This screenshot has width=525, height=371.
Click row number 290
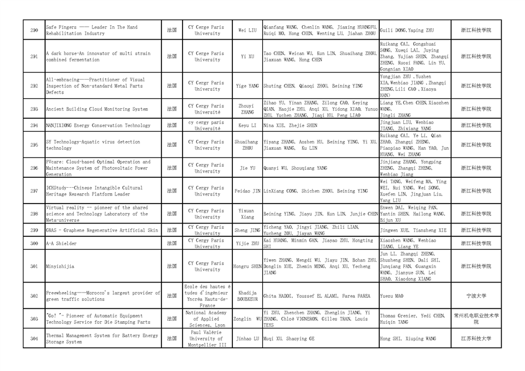coord(34,30)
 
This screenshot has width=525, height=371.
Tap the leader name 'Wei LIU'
coord(248,30)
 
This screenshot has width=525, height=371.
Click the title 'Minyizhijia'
coord(60,266)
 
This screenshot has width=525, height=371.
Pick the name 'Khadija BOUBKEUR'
coord(248,296)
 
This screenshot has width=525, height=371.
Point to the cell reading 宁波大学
coord(476,296)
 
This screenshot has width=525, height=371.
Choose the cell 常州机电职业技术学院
coord(476,319)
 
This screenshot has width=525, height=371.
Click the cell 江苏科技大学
coord(476,338)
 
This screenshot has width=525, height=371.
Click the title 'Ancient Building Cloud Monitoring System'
coord(97,109)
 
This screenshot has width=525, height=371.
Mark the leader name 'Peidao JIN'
coord(248,191)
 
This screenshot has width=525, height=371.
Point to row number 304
coord(34,338)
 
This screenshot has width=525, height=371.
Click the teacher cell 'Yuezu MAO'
coord(392,296)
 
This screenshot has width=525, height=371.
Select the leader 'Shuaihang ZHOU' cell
coord(248,145)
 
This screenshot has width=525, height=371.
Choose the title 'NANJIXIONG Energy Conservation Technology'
coord(98,125)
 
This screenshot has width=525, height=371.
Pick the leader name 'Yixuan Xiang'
coord(248,214)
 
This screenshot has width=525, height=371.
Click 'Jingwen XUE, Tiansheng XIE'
coord(413,231)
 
